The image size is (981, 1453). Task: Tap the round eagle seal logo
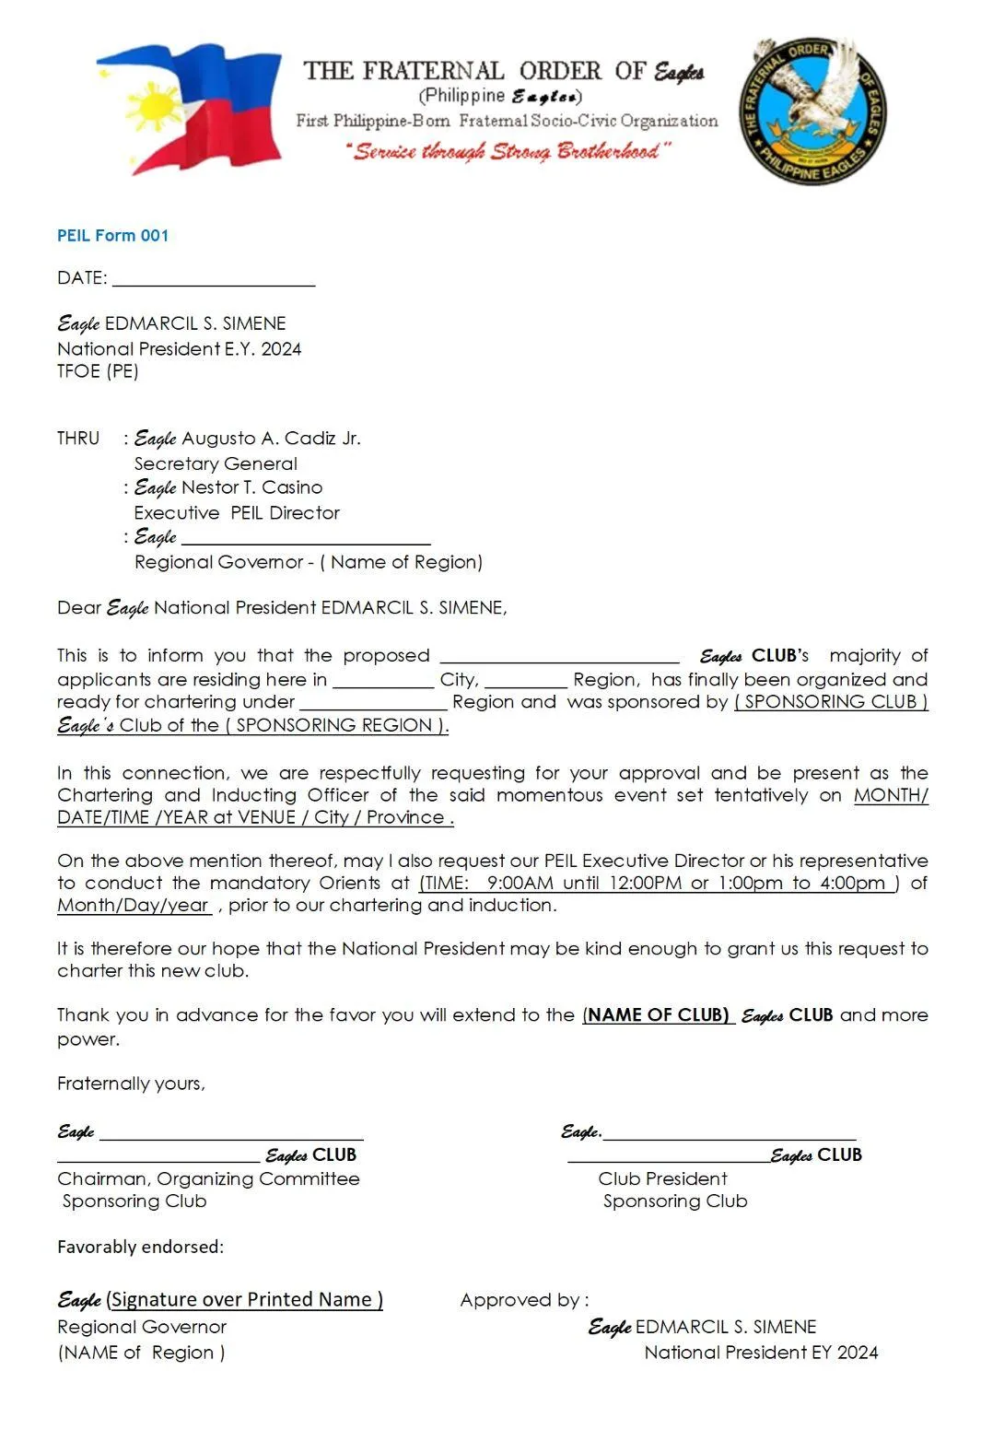[812, 110]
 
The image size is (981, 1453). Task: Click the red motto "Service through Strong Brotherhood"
[509, 151]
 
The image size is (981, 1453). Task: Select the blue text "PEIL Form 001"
[112, 236]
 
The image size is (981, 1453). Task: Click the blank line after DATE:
[214, 279]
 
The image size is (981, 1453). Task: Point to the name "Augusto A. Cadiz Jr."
[271, 439]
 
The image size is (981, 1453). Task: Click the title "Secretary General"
[216, 463]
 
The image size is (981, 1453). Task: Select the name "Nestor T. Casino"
[251, 487]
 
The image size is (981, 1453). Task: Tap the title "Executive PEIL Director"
[237, 512]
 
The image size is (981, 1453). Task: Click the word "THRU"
[78, 439]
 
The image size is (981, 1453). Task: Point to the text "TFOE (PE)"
[98, 371]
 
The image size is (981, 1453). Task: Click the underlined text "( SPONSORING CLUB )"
[831, 702]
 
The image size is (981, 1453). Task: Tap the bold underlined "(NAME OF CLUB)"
[657, 1015]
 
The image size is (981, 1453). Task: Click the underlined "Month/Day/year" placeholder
[134, 906]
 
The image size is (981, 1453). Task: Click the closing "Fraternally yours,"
[131, 1084]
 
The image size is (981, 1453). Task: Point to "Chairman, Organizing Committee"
[208, 1178]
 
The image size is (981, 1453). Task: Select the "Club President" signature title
[662, 1178]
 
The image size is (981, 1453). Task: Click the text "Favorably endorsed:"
[140, 1247]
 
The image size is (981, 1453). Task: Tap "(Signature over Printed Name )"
[244, 1300]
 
